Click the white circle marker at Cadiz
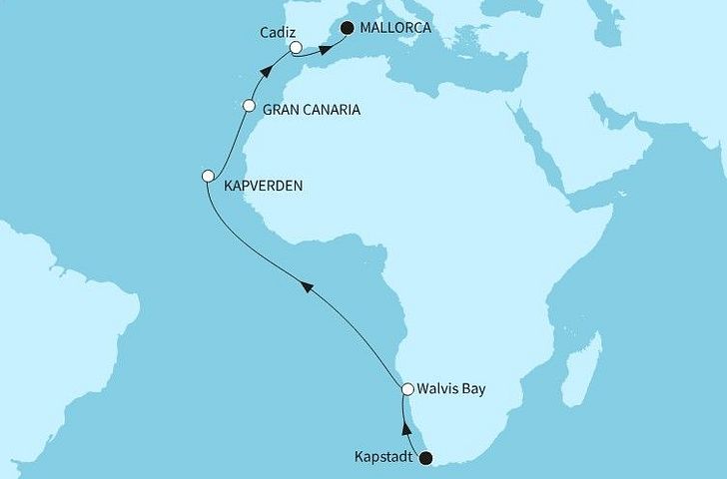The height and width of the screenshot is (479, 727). (296, 47)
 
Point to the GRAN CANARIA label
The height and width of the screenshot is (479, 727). (311, 111)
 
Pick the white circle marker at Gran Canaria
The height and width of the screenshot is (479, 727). (250, 106)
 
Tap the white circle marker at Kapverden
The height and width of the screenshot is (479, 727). (208, 176)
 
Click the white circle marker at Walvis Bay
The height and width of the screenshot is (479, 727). (407, 389)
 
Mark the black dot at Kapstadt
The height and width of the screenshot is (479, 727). (426, 459)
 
